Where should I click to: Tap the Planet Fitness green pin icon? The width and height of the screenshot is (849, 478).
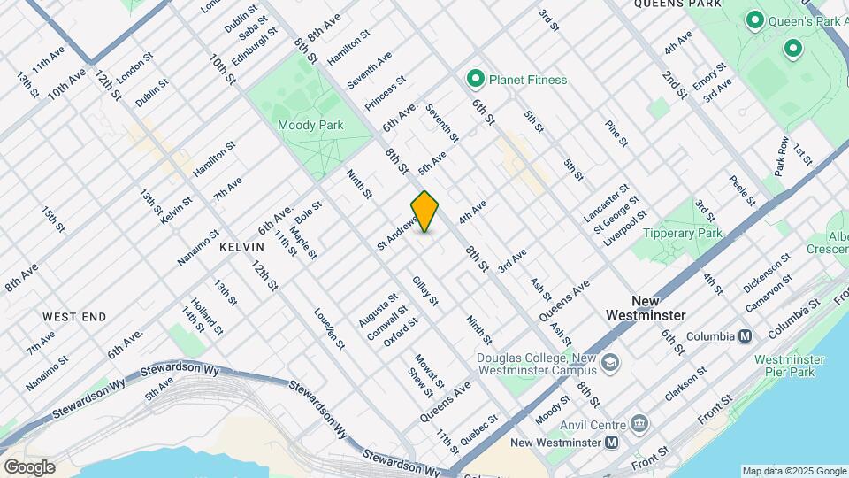475,81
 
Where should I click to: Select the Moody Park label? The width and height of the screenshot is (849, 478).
310,126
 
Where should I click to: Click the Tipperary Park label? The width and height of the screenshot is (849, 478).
683,234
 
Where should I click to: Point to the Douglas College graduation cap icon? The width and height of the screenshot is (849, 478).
611,363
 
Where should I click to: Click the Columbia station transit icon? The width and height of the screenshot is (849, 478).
746,336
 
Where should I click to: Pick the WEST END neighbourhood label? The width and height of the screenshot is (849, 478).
74,317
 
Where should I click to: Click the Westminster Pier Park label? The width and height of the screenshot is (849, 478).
790,366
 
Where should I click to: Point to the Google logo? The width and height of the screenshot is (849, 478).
29,467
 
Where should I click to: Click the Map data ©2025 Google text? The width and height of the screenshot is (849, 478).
793,471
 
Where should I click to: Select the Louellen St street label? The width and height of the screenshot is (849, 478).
329,328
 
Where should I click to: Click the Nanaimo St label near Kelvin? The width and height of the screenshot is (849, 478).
198,248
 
